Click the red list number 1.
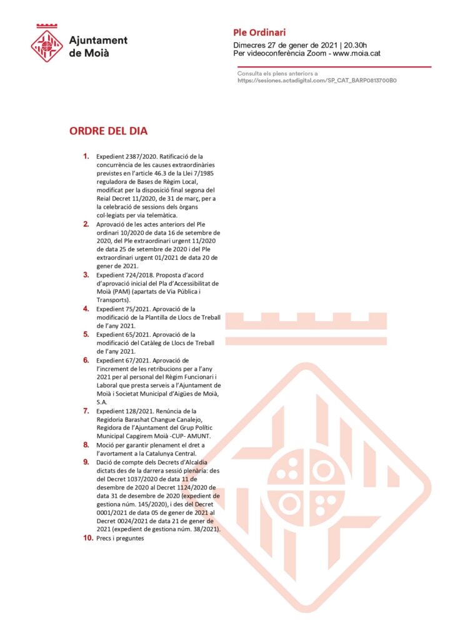click(86, 156)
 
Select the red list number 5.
click(86, 334)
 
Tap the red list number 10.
click(87, 537)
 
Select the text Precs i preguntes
click(120, 538)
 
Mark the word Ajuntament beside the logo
click(98, 40)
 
